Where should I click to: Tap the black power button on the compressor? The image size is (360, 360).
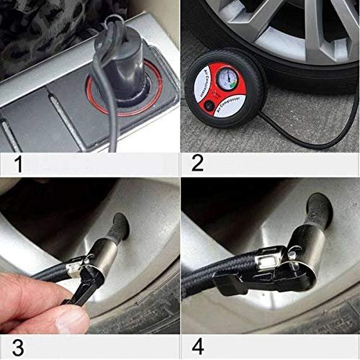(x=209, y=107)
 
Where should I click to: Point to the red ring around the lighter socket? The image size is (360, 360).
(x=94, y=101)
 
